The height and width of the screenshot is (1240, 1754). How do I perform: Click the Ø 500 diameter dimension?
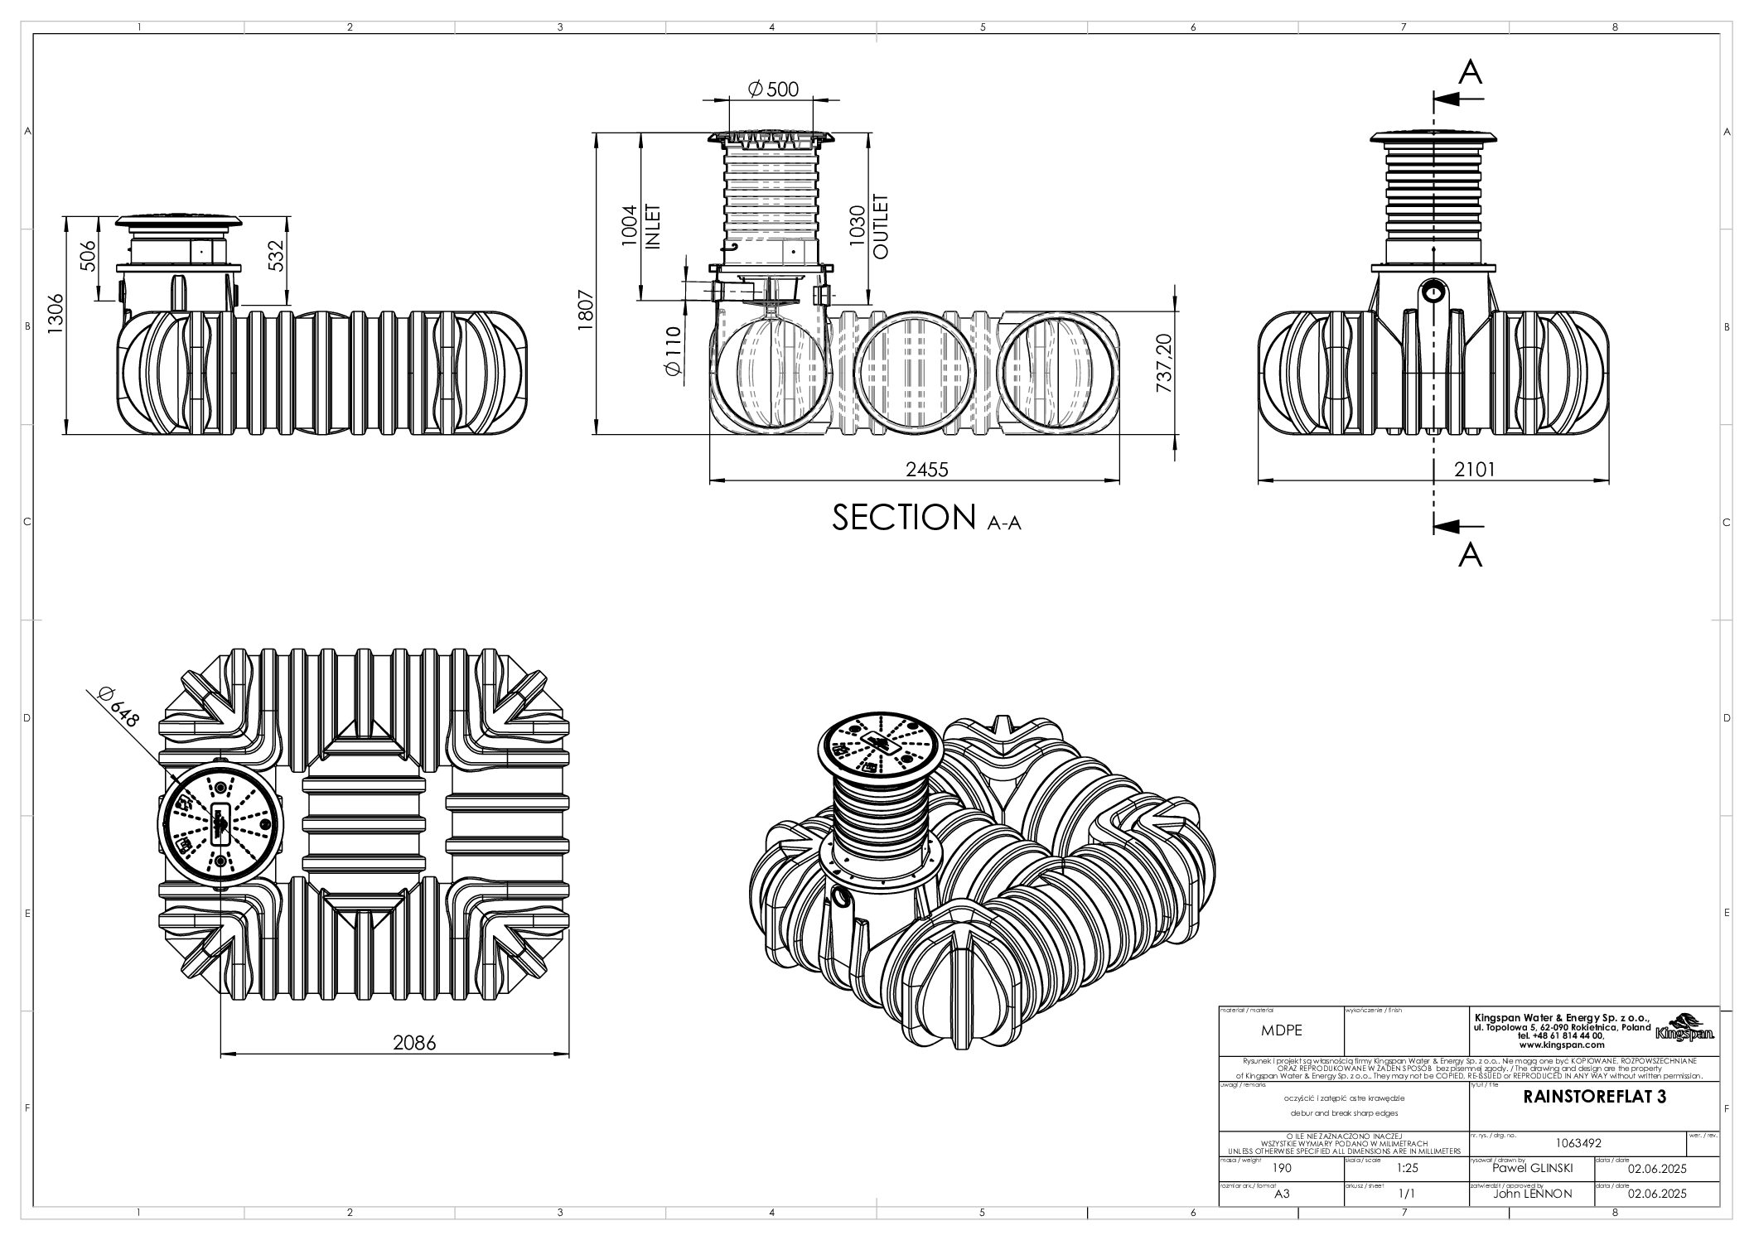772,89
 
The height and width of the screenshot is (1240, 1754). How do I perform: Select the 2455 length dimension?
926,470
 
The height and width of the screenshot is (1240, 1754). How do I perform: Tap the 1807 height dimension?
586,311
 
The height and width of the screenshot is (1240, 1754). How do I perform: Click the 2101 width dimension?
1474,470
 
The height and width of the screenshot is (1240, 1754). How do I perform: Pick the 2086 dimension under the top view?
413,1043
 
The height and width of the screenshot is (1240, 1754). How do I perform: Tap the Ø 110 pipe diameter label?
672,354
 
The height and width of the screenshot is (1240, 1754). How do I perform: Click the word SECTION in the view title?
902,518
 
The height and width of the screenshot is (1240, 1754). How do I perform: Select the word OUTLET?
881,226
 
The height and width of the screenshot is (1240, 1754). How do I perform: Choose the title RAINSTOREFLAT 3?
1594,1098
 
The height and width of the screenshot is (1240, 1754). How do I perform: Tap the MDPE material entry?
1281,1031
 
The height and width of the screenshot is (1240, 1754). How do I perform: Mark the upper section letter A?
1470,73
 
